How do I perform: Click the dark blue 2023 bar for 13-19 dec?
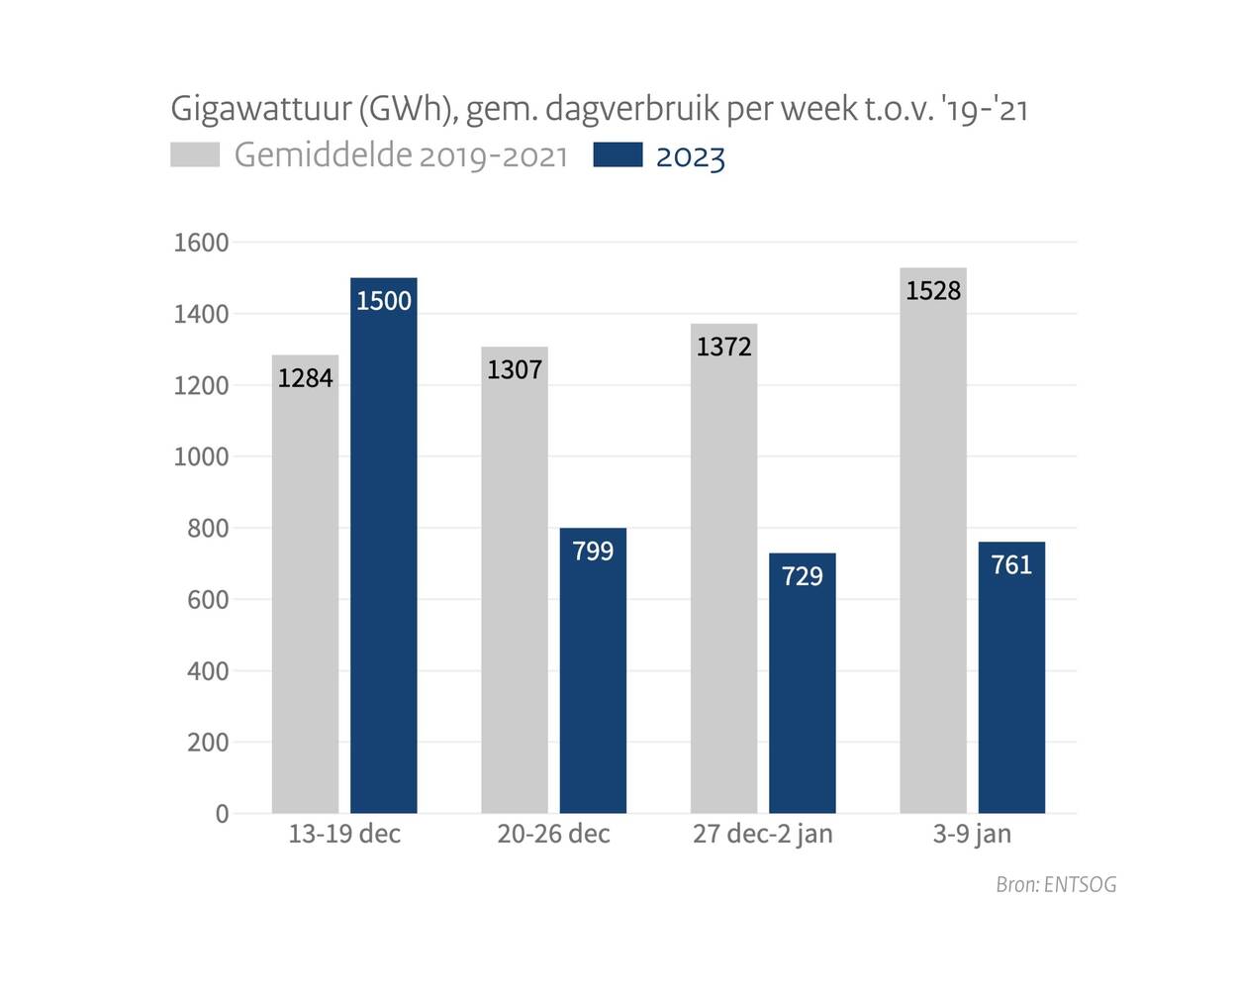pos(384,554)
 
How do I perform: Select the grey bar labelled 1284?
pos(305,594)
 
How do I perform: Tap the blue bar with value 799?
pos(593,683)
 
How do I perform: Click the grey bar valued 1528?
pos(933,554)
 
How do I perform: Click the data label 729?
pos(802,576)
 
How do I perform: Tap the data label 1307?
pos(515,370)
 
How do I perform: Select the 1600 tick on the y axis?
pos(201,243)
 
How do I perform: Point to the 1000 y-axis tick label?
pos(201,457)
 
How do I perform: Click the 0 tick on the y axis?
pos(222,814)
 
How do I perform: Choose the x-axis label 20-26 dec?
pos(553,835)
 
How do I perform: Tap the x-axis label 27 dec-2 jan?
pos(762,835)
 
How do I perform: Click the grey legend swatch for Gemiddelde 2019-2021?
pos(195,155)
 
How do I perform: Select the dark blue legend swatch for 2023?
pos(618,155)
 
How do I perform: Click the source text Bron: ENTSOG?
pos(1056,885)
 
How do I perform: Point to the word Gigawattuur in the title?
pos(260,109)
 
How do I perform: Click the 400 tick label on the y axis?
pos(207,671)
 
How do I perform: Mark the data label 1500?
pos(384,301)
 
